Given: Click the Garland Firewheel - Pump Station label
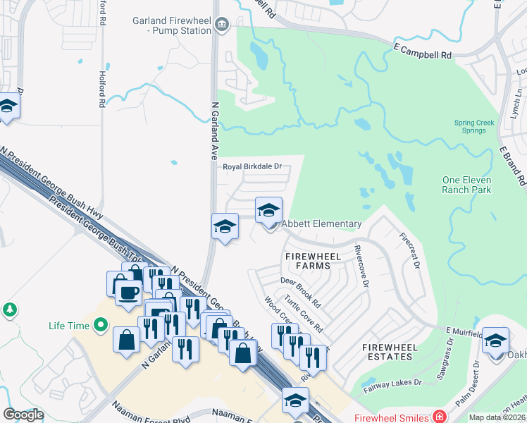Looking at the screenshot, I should coord(172,26).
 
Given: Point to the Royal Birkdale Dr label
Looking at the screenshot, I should coord(252,167).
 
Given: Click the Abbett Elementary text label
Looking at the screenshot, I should coord(322,224).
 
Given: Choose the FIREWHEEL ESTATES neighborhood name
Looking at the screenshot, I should coord(387,352).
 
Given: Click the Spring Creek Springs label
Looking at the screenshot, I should coord(474,126).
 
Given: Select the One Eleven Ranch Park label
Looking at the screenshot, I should coord(466,185).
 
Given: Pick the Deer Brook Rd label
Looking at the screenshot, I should coord(301,292).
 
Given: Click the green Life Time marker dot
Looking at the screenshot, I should coord(101,325).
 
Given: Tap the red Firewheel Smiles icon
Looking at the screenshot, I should coord(440,416).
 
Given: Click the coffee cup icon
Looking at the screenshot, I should coord(127,292).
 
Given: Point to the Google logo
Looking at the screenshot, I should coord(23,415).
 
